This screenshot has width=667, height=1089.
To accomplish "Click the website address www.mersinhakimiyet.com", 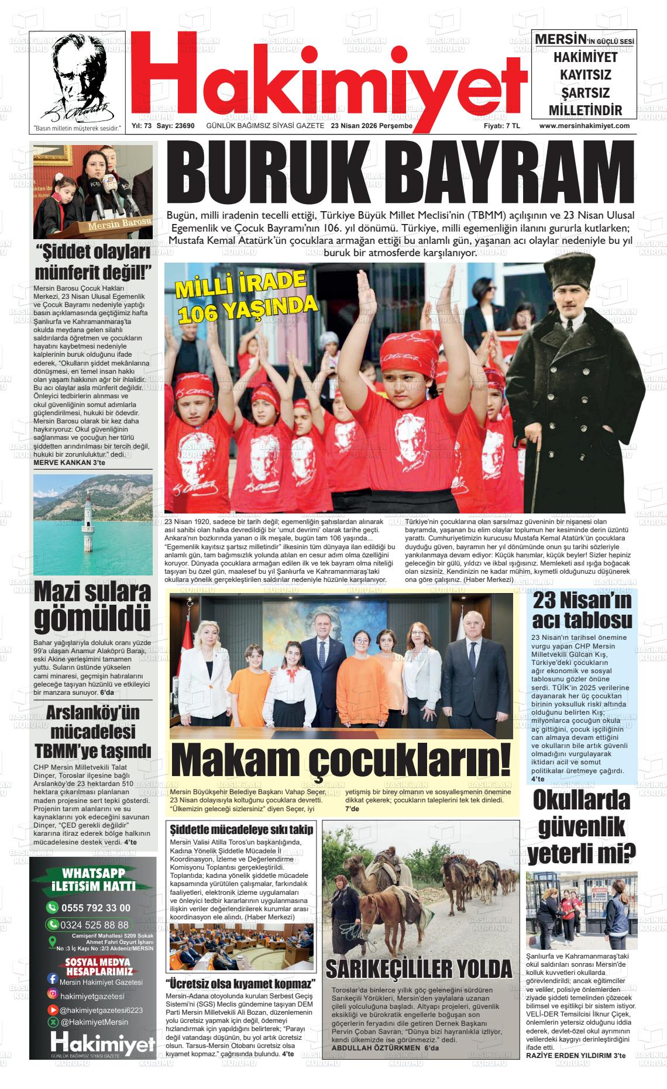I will [584, 126].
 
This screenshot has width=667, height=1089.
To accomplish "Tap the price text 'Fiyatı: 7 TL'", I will [501, 126].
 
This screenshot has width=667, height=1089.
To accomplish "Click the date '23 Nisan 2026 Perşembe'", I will [372, 126].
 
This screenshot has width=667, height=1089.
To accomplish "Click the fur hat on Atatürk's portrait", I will [571, 275].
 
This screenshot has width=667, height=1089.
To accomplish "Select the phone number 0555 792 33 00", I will [97, 908].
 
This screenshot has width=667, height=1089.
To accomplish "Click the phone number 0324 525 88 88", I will [97, 925].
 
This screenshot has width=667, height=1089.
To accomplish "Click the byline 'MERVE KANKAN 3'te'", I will [70, 463].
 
